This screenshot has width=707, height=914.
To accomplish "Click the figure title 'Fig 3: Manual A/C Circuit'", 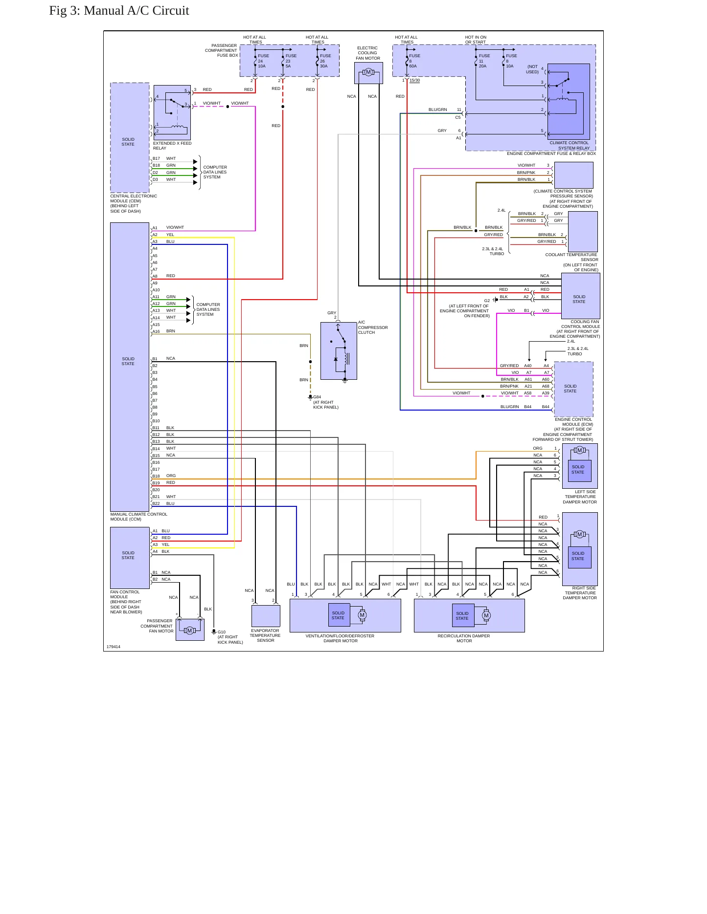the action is pyautogui.click(x=119, y=11).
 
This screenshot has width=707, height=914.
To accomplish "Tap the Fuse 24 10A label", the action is pyautogui.click(x=263, y=61).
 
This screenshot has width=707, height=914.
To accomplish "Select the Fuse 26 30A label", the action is pyautogui.click(x=325, y=61).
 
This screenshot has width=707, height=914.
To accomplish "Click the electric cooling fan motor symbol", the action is pyautogui.click(x=368, y=72).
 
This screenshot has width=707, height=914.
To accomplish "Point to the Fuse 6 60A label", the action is pyautogui.click(x=414, y=61).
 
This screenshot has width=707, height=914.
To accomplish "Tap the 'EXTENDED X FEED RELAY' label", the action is pyautogui.click(x=172, y=146).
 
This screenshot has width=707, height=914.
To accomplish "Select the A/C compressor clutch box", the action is pyautogui.click(x=339, y=351).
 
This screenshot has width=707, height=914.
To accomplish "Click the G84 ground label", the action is pyautogui.click(x=317, y=397).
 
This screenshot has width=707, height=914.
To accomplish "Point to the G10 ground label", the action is pyautogui.click(x=222, y=632).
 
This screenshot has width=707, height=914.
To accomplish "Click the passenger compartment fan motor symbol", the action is pyautogui.click(x=190, y=631).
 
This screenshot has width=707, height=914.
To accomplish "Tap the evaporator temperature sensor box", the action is pyautogui.click(x=266, y=616).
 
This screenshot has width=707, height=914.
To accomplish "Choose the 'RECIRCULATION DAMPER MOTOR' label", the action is pyautogui.click(x=464, y=638).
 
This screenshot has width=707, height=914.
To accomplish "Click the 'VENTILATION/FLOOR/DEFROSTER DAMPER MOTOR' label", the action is pyautogui.click(x=340, y=638).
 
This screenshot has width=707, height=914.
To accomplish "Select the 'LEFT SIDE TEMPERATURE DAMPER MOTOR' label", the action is pyautogui.click(x=580, y=497).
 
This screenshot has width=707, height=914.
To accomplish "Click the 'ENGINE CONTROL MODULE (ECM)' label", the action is pyautogui.click(x=573, y=422).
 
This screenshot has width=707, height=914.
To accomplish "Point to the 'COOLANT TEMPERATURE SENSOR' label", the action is pyautogui.click(x=571, y=257).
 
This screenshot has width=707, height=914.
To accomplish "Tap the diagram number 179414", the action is pyautogui.click(x=114, y=647).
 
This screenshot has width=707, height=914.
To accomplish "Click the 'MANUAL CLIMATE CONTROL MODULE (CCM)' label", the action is pyautogui.click(x=139, y=517).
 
